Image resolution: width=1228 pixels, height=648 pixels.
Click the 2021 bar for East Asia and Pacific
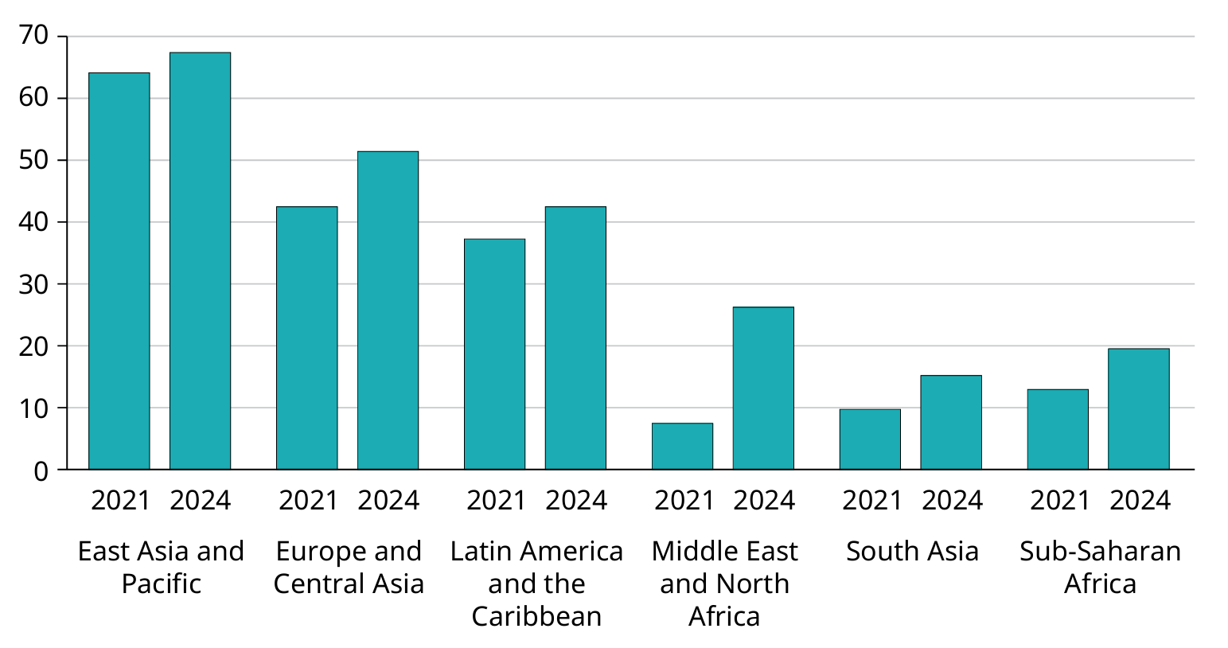(x=119, y=271)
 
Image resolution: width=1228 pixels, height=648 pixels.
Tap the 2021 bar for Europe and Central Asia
(x=306, y=338)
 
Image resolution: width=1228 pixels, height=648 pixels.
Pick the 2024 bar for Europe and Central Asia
(x=388, y=310)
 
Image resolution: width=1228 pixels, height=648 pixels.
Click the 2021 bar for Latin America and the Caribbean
(x=494, y=354)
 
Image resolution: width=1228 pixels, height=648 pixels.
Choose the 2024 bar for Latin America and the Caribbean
(x=575, y=338)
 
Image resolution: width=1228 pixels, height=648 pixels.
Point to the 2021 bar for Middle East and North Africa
(x=682, y=446)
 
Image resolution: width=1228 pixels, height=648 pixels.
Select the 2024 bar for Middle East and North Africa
(x=763, y=388)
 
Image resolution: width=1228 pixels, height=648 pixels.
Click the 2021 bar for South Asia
(x=870, y=439)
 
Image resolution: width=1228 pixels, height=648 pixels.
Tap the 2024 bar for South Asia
(x=951, y=422)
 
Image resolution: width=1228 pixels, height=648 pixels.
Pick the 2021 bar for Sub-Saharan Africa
(x=1058, y=429)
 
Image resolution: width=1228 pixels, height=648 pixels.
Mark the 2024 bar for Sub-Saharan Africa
(x=1139, y=408)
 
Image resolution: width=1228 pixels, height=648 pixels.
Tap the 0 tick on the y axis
(x=41, y=470)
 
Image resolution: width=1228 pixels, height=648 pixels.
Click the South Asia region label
(x=912, y=551)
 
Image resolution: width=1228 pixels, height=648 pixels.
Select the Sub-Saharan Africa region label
(x=1100, y=567)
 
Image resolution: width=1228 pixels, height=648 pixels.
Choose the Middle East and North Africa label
(x=724, y=584)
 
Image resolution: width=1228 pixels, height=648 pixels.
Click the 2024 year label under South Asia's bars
(x=952, y=500)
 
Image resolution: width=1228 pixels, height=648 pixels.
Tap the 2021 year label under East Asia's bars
(x=120, y=500)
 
